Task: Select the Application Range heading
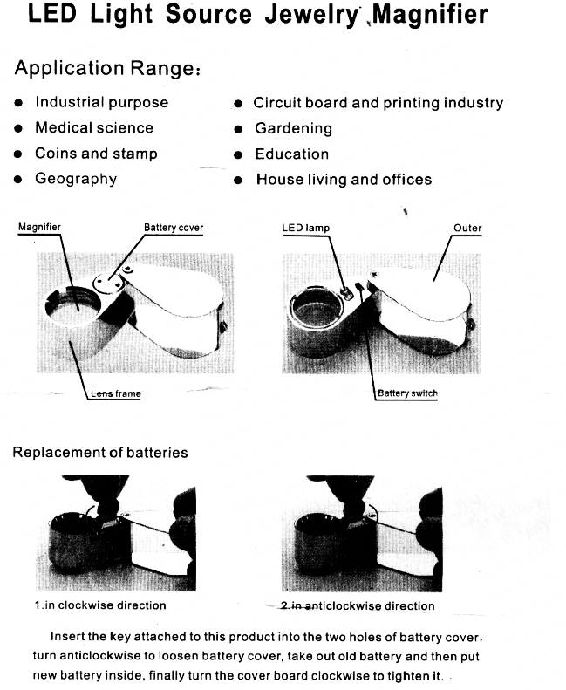pos(107,68)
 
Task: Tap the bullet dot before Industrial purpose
pos(18,103)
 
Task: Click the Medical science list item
pos(94,127)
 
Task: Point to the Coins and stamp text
pos(96,154)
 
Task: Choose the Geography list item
pos(76,179)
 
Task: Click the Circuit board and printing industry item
pos(378,103)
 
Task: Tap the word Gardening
pos(293,128)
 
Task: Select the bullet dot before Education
pos(238,155)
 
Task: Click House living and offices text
pos(344,180)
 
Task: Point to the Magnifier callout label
pos(39,227)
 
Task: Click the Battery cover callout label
pos(174,228)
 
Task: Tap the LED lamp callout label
pos(305,228)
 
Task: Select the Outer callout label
pos(467,228)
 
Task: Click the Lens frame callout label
pos(116,393)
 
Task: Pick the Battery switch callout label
pos(407,393)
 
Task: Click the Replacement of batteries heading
pos(100,453)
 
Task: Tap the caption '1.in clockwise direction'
pos(100,605)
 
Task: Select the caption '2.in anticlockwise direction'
pos(358,605)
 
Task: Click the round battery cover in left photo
pos(109,282)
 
